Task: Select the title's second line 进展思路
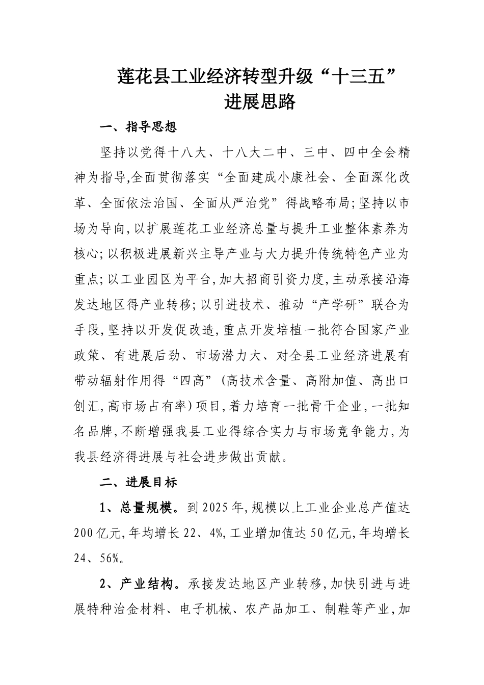260,102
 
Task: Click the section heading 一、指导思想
139,127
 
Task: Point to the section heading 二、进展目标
139,482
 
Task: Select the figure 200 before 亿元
84,533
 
